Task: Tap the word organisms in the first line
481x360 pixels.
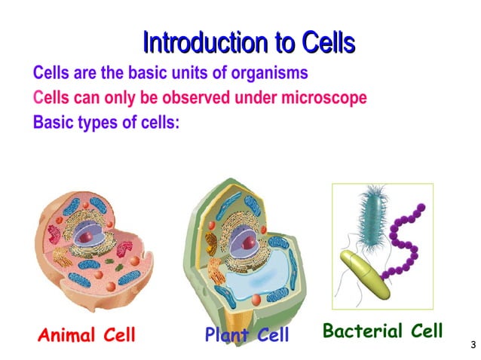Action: [268, 74]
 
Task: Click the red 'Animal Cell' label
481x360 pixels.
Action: [87, 335]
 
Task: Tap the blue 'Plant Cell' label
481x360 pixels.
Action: [247, 335]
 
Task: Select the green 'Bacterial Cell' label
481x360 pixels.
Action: [382, 331]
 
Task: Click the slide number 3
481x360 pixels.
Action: [473, 345]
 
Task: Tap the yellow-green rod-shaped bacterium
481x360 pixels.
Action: [366, 273]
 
